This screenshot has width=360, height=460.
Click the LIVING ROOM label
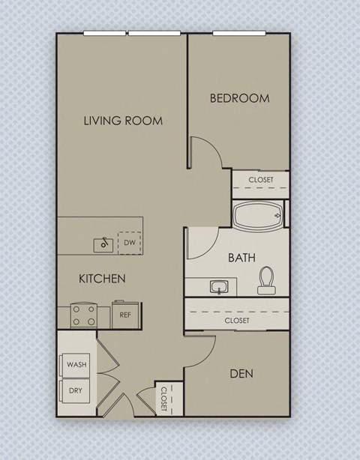pyautogui.click(x=123, y=120)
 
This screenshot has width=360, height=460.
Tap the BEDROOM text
pyautogui.click(x=239, y=98)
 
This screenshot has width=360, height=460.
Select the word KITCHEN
pyautogui.click(x=102, y=279)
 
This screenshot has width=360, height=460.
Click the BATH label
pyautogui.click(x=241, y=257)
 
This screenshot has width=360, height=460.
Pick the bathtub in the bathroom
pyautogui.click(x=257, y=217)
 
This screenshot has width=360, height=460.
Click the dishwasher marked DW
pyautogui.click(x=129, y=243)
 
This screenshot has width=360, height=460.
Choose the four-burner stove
pyautogui.click(x=84, y=315)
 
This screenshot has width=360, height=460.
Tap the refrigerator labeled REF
pyautogui.click(x=125, y=315)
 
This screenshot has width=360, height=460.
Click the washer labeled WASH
pyautogui.click(x=76, y=365)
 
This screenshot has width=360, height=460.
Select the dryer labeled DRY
pyautogui.click(x=76, y=390)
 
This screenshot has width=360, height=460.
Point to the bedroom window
pyautogui.click(x=238, y=33)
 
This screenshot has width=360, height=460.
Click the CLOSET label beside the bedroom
pyautogui.click(x=261, y=180)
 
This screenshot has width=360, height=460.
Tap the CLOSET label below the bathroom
pyautogui.click(x=238, y=320)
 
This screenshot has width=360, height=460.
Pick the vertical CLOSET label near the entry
pyautogui.click(x=163, y=399)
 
